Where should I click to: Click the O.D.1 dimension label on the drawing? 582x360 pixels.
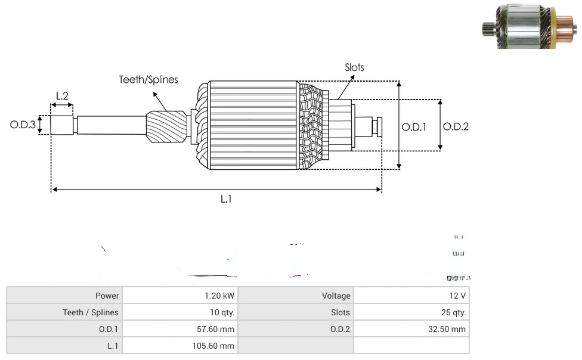point(414,127)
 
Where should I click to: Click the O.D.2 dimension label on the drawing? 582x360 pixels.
point(456,126)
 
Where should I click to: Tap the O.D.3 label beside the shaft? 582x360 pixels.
point(23,125)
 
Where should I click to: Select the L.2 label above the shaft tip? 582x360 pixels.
point(62,95)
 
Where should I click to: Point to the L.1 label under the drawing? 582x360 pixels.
point(226,199)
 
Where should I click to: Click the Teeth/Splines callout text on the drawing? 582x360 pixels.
point(148,79)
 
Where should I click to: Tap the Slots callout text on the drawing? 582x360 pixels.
point(354,67)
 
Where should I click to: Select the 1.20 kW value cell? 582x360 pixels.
point(179,296)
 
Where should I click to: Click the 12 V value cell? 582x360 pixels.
point(411,296)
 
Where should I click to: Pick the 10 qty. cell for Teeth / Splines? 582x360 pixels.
point(179,312)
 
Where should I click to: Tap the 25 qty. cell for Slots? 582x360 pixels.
point(411,312)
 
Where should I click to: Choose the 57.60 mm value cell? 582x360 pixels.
point(179,329)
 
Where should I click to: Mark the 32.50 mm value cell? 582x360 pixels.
point(411,329)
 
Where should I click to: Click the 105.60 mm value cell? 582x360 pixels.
point(179,346)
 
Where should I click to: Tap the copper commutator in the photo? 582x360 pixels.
point(562,29)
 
